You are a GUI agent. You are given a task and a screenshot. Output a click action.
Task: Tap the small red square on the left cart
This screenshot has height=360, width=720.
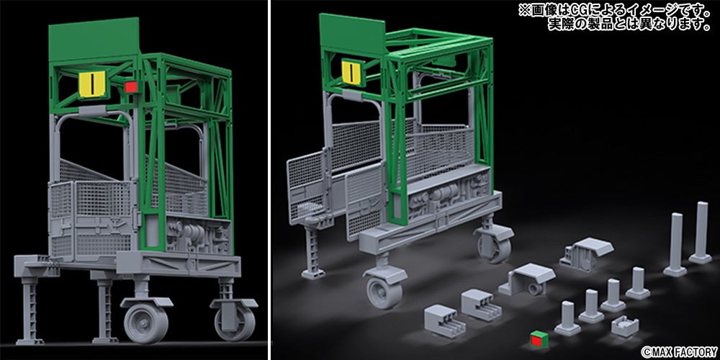(x=132, y=86)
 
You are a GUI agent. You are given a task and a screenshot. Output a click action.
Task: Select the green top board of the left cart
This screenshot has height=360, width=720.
(x=94, y=38)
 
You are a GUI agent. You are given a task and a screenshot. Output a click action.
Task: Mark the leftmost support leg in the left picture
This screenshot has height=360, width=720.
(x=30, y=307)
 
